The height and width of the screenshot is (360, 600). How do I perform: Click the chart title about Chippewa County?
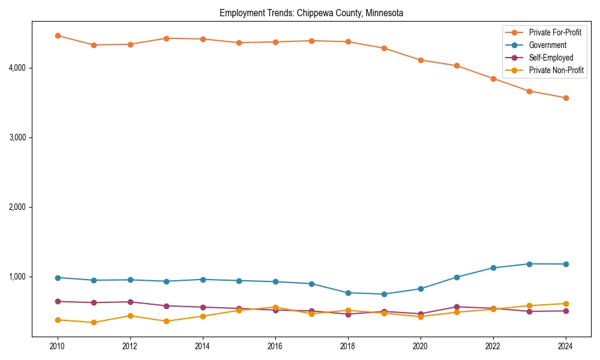(311, 13)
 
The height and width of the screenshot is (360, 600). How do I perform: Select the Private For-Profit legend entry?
(555, 32)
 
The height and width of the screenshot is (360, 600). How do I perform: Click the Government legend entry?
(547, 45)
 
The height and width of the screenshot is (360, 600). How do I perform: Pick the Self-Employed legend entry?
(551, 58)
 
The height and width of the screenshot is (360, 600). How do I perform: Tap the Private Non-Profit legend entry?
(556, 70)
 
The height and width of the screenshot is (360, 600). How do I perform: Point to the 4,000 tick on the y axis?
(16, 68)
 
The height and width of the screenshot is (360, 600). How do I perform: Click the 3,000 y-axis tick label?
(16, 137)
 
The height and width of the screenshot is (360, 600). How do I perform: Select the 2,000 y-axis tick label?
(16, 207)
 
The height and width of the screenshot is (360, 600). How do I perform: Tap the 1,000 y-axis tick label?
(16, 277)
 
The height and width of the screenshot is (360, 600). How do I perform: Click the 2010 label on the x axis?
(58, 346)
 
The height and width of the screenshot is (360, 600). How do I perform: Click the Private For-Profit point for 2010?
(58, 35)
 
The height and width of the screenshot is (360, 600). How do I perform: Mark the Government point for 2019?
(384, 294)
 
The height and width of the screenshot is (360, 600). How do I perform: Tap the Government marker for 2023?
(529, 264)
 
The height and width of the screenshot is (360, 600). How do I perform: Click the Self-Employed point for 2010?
(58, 301)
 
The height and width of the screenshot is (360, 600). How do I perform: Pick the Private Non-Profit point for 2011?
(94, 323)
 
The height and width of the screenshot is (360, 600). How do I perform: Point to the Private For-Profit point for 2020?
(421, 60)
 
